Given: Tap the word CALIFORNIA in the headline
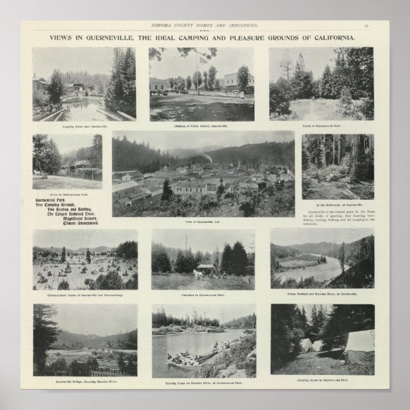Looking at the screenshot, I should point(333,38).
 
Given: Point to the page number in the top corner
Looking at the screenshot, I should point(367,25).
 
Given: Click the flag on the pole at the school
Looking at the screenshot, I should point(203,59).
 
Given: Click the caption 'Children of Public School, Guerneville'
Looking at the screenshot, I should point(201,126).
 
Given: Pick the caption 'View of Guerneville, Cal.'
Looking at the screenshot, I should point(203,222).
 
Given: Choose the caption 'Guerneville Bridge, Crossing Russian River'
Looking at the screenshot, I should point(85,383).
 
